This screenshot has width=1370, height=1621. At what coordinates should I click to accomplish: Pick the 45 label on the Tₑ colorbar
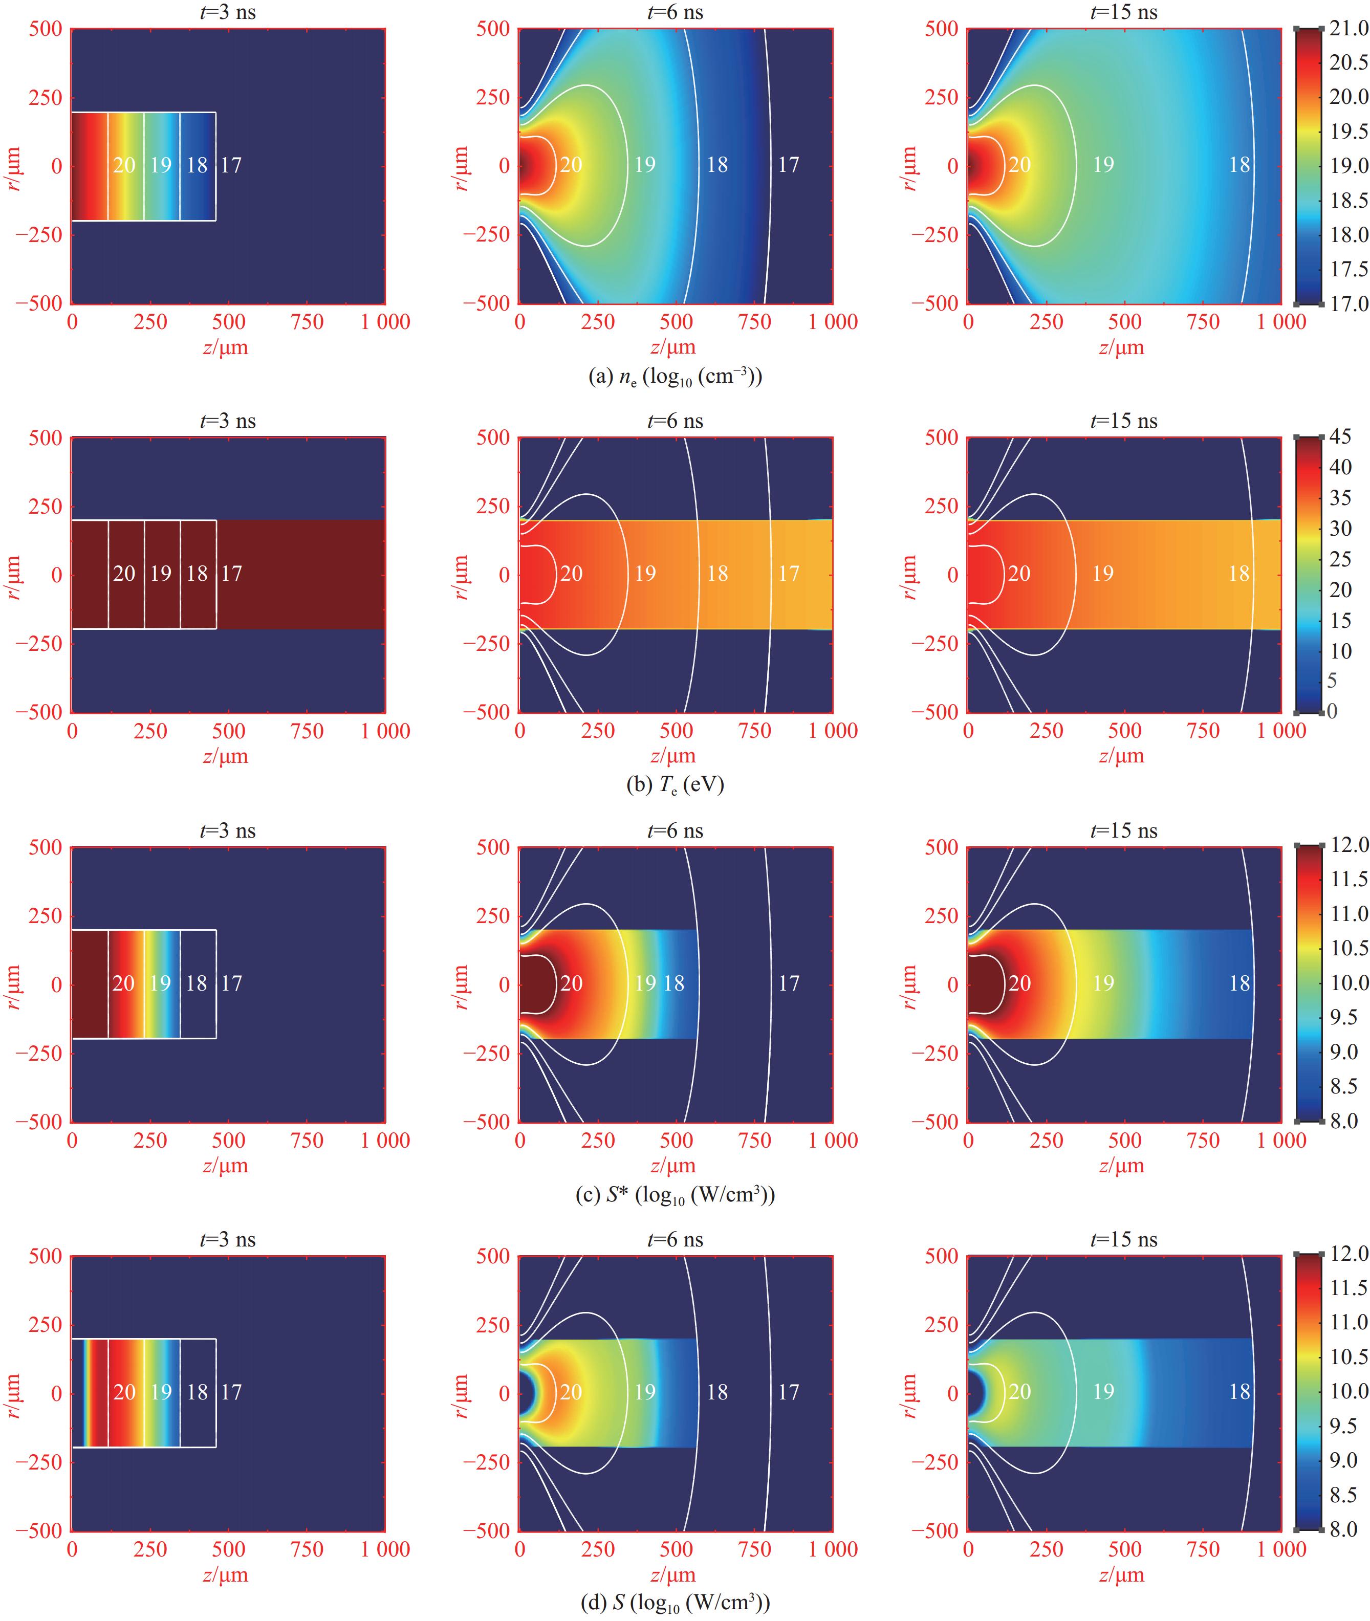click(1340, 437)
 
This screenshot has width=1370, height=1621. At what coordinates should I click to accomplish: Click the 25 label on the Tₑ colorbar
click(1340, 559)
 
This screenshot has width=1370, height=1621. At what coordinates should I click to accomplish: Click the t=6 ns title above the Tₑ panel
click(675, 421)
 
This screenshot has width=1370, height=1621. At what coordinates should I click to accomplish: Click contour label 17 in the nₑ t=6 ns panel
click(788, 165)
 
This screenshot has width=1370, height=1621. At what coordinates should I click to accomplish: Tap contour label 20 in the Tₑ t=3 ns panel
click(124, 574)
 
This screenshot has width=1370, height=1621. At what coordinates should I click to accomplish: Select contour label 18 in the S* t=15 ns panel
click(1239, 983)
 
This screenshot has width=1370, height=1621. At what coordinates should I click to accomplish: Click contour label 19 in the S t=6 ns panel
click(645, 1392)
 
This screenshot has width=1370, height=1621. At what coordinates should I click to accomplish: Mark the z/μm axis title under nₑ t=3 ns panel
click(226, 348)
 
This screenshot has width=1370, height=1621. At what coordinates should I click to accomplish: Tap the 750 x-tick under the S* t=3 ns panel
click(307, 1141)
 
